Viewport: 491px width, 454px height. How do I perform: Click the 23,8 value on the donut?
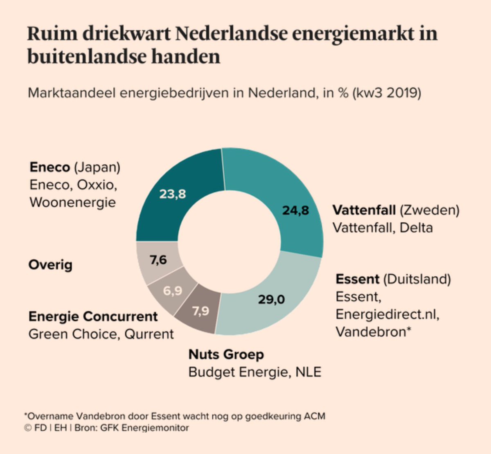173,194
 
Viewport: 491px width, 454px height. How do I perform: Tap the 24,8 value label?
295,210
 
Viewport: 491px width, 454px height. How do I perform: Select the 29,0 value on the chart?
271,299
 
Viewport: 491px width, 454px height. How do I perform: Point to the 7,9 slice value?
200,311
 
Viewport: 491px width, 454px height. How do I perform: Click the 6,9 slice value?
172,291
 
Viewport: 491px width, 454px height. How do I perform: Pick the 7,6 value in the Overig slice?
158,260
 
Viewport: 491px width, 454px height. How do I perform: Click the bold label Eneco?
50,167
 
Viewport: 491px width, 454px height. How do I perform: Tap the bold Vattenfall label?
364,210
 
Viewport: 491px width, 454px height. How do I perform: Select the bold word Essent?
357,279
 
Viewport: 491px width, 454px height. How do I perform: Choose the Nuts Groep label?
226,354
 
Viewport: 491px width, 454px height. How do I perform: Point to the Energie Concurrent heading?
93,316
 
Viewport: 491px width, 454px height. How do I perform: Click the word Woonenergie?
73,202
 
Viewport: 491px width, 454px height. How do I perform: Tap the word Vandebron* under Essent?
373,332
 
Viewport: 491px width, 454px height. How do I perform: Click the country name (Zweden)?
429,210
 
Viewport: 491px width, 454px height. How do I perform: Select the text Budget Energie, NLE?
255,372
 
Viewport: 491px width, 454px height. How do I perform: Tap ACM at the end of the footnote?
314,416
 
